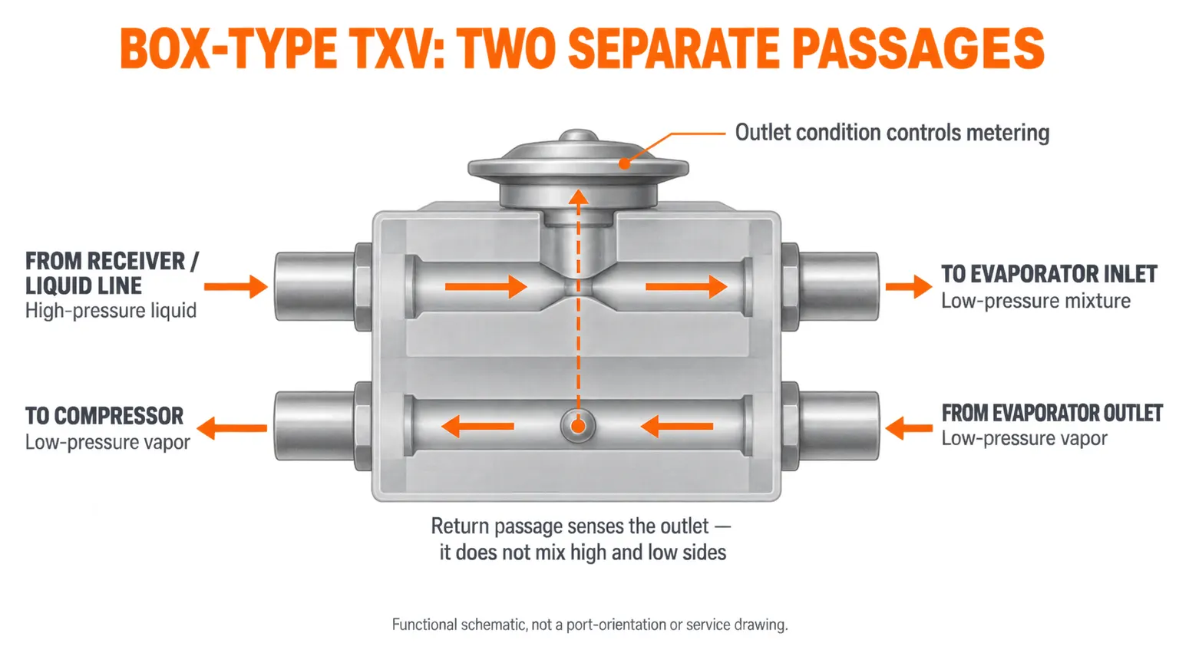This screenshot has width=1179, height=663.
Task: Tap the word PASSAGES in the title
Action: coord(918,48)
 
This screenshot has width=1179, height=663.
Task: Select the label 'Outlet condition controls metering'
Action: coord(892,133)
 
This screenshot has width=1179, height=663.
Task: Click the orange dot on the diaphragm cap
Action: coord(624,163)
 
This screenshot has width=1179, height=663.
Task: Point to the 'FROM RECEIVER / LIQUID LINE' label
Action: coord(112,274)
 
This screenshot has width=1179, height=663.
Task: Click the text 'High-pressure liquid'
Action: coord(111,311)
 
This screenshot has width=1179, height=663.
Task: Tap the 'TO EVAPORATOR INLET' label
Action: coord(1049,274)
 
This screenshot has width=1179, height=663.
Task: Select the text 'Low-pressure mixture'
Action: coord(1035,301)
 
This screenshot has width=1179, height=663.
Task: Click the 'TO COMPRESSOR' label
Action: coord(104,416)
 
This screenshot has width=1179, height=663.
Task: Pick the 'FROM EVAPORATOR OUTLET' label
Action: coord(1052,413)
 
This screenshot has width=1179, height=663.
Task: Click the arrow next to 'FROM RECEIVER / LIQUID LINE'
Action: coord(236,287)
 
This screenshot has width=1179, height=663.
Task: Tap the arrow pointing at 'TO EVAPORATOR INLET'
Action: coord(909,287)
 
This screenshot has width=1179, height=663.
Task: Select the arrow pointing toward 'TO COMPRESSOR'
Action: coord(232,427)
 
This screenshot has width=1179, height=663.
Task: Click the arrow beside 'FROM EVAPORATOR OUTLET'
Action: coord(909,427)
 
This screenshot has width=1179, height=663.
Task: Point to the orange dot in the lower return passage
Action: coord(578,426)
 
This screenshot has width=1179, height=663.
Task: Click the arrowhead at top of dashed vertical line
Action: coord(579,197)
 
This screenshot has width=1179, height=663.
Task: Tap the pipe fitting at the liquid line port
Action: coord(323,287)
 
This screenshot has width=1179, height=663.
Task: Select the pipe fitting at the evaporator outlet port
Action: coord(830,426)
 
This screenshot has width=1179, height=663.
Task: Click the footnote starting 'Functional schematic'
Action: coord(589,625)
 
